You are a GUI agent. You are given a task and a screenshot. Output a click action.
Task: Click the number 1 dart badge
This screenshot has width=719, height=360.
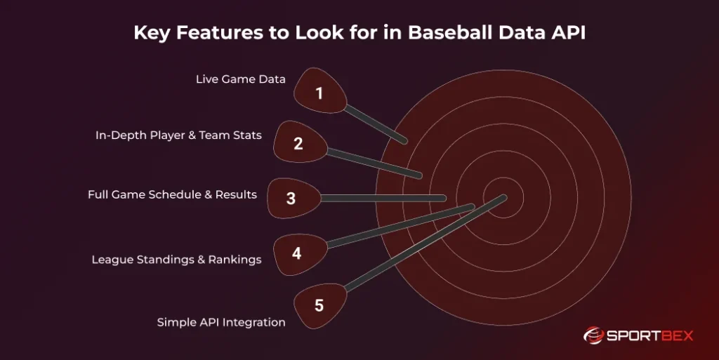[319, 92]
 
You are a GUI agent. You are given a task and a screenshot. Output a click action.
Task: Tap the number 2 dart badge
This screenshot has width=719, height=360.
[298, 143]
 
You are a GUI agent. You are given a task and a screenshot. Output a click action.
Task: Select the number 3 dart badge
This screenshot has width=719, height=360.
[291, 198]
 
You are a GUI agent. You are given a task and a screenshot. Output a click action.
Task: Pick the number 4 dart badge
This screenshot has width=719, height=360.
[297, 253]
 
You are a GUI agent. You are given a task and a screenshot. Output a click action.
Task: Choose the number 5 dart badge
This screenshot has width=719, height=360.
[319, 305]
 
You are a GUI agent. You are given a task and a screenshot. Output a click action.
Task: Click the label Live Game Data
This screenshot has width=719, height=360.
[240, 79]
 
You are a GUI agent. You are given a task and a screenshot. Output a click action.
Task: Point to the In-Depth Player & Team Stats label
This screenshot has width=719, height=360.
[178, 135]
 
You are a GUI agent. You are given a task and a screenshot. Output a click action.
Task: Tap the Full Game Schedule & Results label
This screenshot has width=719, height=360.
[172, 194]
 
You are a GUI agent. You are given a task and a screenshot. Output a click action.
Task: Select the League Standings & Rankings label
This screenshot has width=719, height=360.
[176, 260]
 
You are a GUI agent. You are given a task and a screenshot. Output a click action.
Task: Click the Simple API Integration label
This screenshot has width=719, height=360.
[220, 322]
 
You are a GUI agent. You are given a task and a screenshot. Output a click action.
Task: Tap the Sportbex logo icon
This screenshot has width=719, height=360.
[593, 335]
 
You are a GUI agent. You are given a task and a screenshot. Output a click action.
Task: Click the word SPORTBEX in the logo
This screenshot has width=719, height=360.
[649, 336]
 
